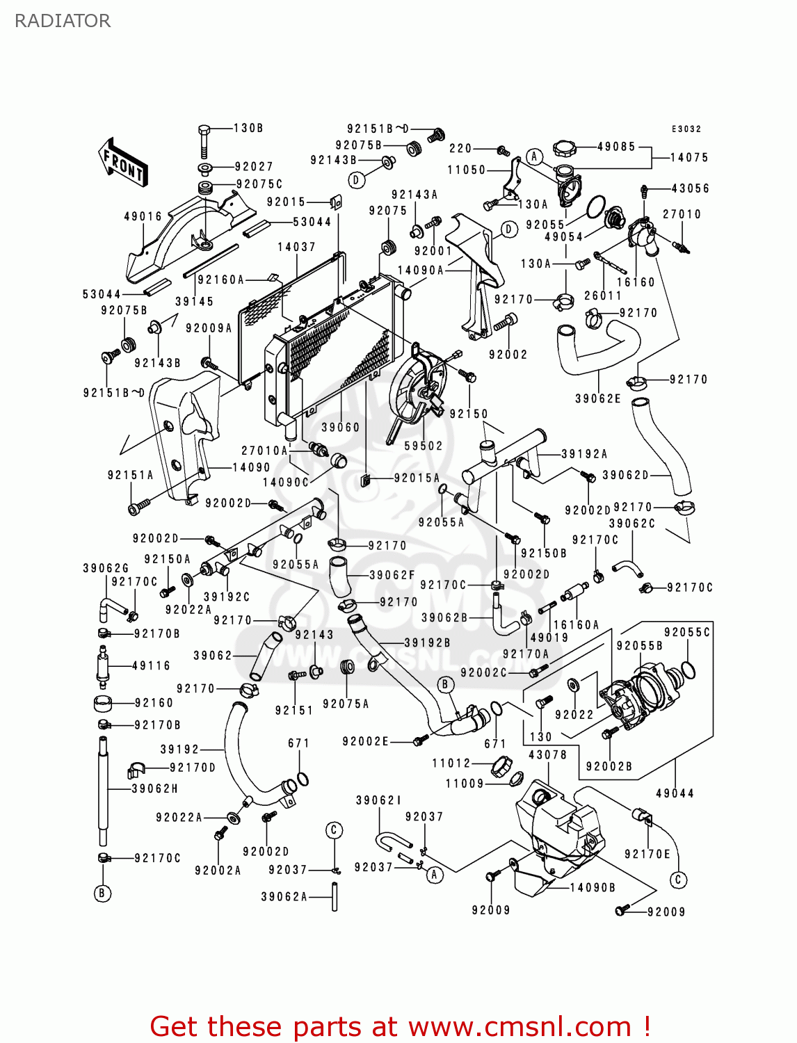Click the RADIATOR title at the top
point(63,21)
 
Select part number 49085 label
point(616,147)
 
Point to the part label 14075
point(689,158)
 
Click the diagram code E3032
point(686,129)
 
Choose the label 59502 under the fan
point(424,446)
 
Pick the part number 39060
point(340,428)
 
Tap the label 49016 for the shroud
point(143,216)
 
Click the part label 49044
point(675,793)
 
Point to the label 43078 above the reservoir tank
point(547,754)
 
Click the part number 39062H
point(155,789)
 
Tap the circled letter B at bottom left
point(102,894)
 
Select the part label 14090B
point(593,887)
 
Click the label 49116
point(151,665)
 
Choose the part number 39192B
point(427,642)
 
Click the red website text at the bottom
point(400,1026)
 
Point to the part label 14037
point(296,247)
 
